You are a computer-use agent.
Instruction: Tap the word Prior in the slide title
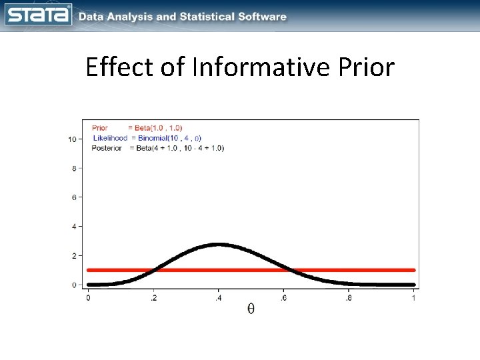[x=364, y=67]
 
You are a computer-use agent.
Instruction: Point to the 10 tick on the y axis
[x=71, y=139]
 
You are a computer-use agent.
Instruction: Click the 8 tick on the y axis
[x=73, y=168]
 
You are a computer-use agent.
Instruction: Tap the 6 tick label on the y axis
[x=73, y=197]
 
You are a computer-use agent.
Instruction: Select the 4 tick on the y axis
[x=73, y=227]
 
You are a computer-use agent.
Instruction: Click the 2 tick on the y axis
[x=73, y=255]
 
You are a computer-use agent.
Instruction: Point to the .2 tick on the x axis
[x=154, y=298]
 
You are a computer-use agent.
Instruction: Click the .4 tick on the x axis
[x=219, y=298]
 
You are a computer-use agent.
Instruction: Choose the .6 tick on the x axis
[x=284, y=298]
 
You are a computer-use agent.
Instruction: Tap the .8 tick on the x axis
[x=349, y=298]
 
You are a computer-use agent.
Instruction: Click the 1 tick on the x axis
[x=414, y=298]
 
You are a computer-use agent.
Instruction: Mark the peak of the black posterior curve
[x=219, y=245]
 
